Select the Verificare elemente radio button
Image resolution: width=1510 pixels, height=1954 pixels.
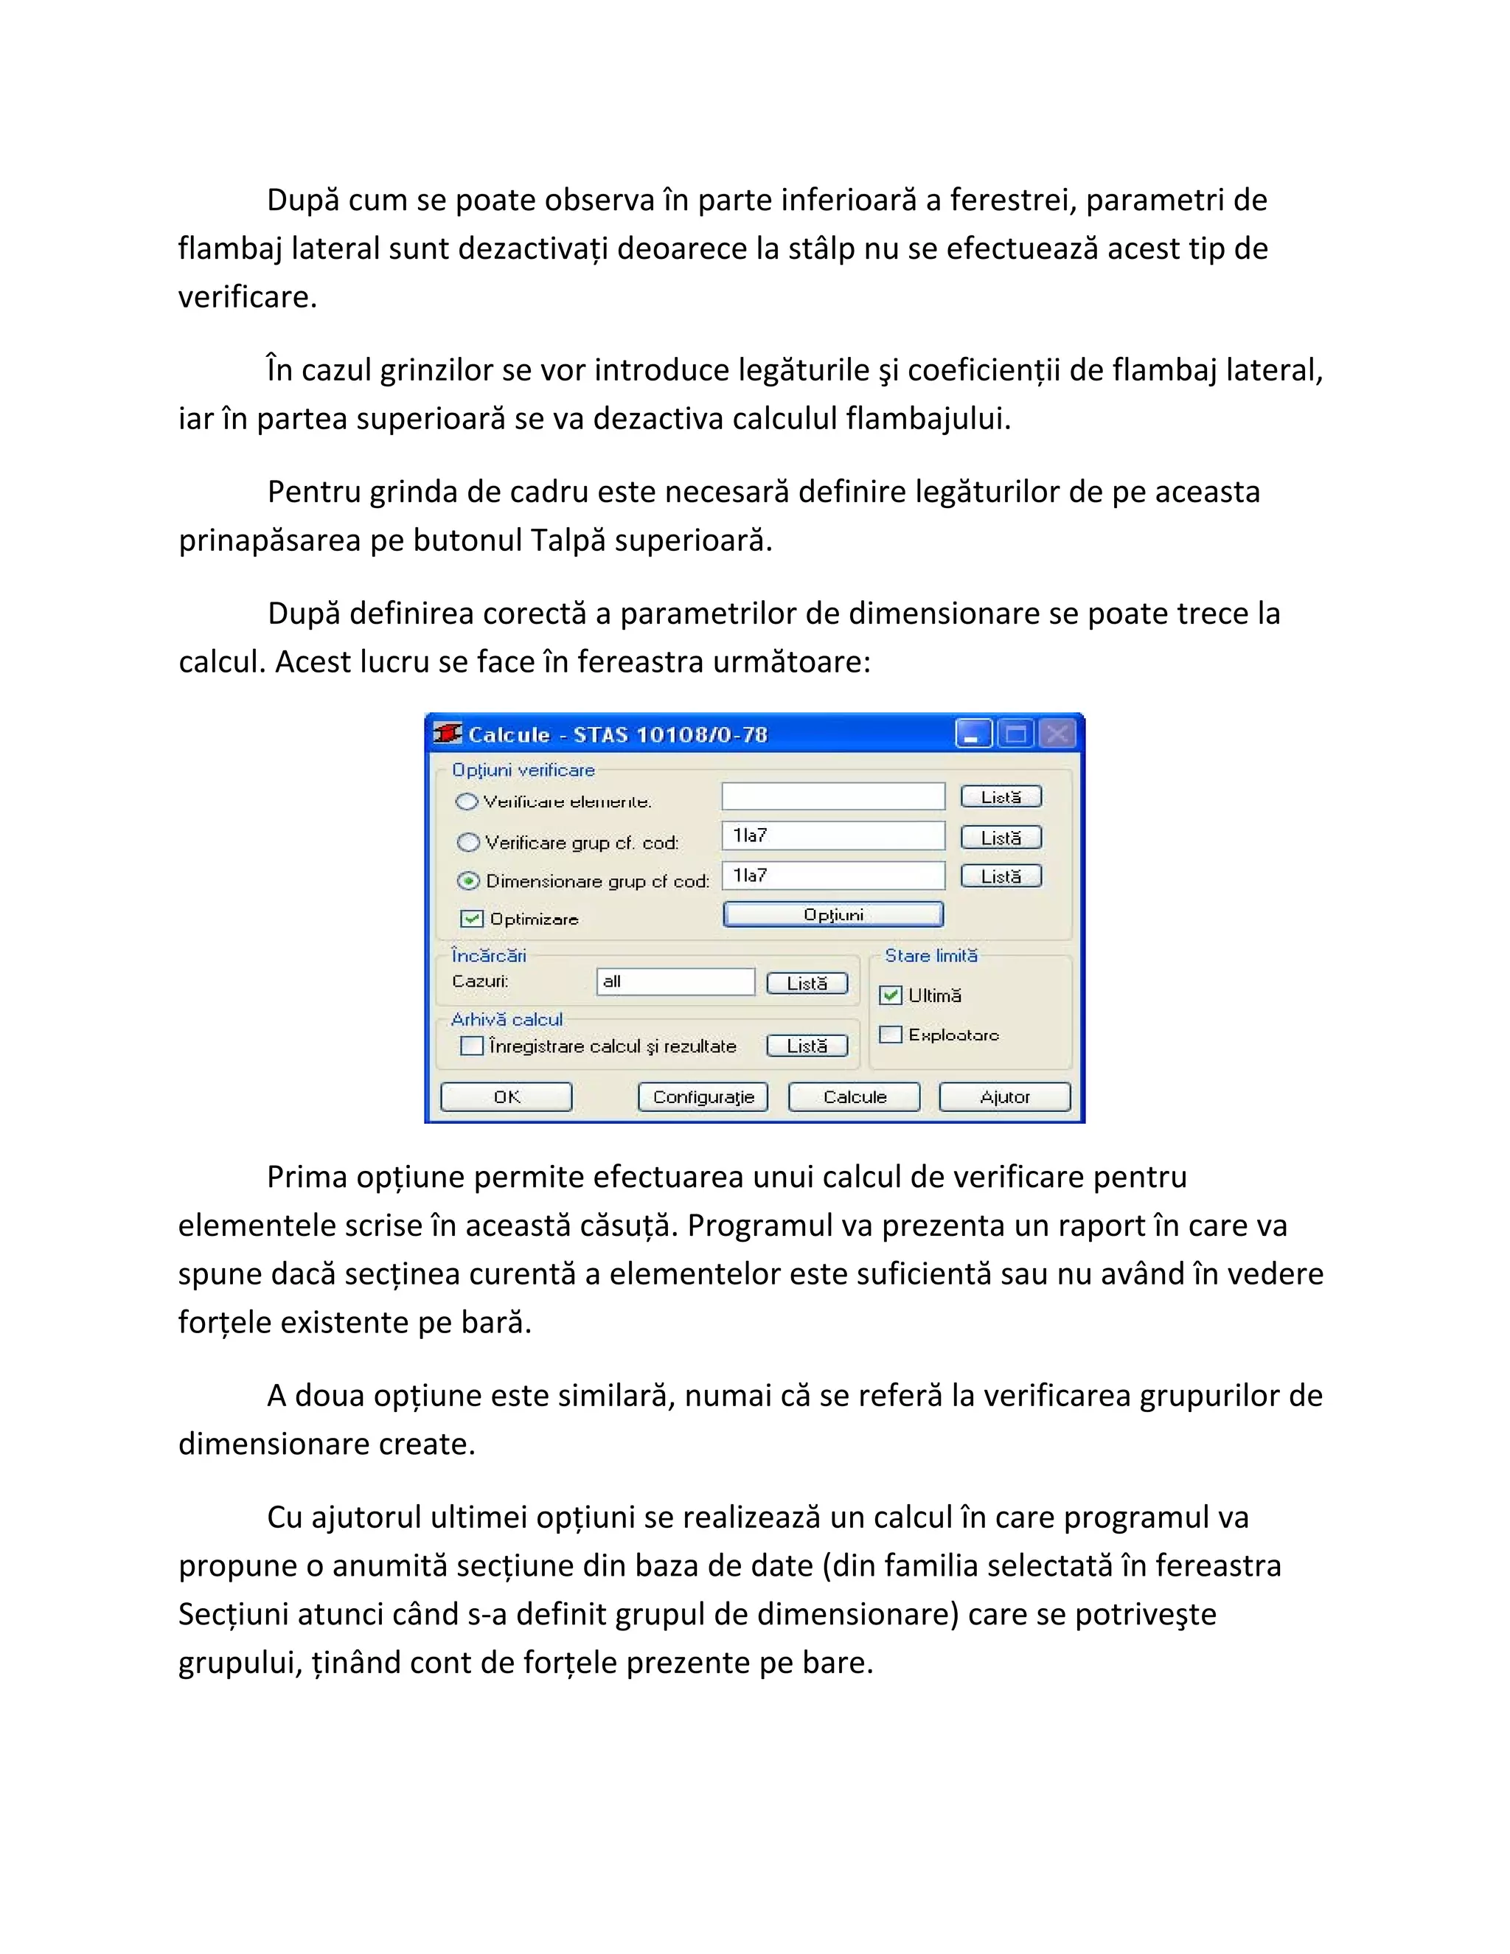(467, 802)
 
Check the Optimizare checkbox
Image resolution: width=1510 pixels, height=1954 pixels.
(470, 919)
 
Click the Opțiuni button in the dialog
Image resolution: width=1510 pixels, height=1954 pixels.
(833, 914)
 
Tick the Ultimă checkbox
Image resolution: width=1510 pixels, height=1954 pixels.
(890, 995)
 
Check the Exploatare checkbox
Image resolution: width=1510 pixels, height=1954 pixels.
(890, 1035)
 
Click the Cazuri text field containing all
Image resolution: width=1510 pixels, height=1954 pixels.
(675, 981)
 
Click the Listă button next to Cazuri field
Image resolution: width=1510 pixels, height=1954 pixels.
(807, 983)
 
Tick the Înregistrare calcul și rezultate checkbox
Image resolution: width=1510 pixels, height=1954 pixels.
(471, 1046)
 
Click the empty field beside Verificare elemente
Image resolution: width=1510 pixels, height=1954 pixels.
(833, 796)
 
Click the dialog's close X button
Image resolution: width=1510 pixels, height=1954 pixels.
(1057, 734)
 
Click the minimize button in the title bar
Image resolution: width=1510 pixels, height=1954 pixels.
(973, 734)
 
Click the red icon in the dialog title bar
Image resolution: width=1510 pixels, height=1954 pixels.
(448, 734)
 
